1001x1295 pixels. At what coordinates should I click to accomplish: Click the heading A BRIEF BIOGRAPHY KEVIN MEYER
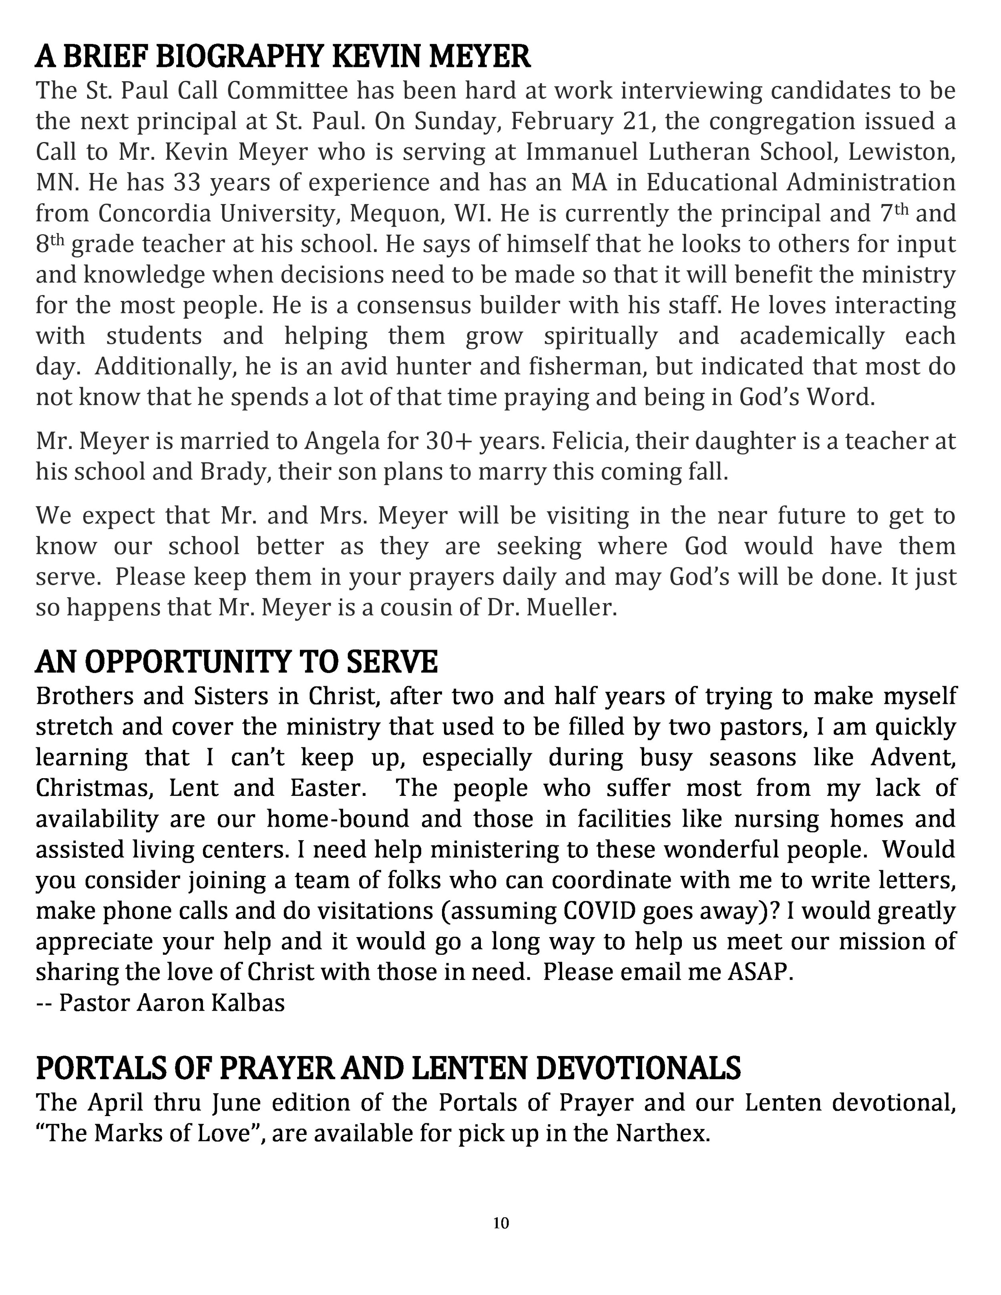[283, 58]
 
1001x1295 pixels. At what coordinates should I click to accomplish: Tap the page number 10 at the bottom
[500, 1223]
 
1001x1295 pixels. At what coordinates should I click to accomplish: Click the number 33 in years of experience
[188, 183]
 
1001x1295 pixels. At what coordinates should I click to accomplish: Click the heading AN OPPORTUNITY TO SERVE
[237, 663]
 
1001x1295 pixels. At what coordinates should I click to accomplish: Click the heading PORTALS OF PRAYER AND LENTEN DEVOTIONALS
[388, 1068]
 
